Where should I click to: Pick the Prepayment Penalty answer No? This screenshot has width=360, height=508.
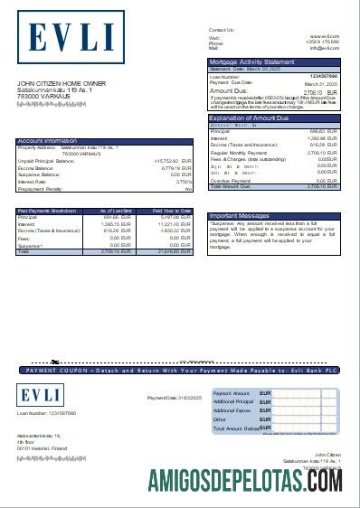189,188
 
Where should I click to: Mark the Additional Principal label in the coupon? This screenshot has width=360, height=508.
233,400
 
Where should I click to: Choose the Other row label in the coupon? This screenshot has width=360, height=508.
219,419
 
